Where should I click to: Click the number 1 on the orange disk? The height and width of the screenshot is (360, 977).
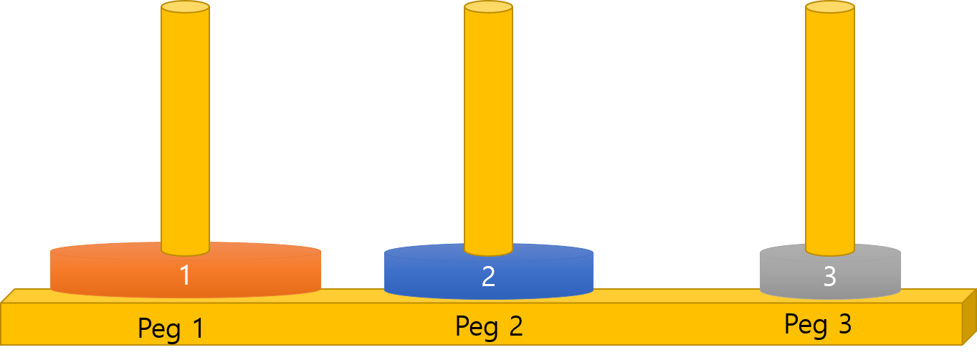point(186,276)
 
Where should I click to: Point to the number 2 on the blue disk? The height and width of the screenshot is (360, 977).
point(489,276)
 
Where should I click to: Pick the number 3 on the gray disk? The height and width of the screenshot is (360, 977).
point(829,276)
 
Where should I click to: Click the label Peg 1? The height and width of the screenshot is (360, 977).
point(171,328)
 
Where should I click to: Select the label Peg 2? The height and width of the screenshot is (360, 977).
point(489,326)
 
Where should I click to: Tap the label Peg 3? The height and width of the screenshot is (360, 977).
point(818,324)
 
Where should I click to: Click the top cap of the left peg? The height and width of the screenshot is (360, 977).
point(186,7)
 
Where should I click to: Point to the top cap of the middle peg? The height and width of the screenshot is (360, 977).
point(489,7)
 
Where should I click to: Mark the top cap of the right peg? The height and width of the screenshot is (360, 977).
point(830,7)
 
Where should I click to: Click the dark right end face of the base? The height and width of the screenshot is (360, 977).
point(969,317)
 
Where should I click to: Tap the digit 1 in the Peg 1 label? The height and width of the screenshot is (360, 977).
point(199,328)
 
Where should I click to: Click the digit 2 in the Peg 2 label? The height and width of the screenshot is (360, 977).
point(516,326)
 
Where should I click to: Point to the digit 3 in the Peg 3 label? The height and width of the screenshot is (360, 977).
point(845,323)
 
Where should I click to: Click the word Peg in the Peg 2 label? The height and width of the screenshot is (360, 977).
point(477,327)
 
